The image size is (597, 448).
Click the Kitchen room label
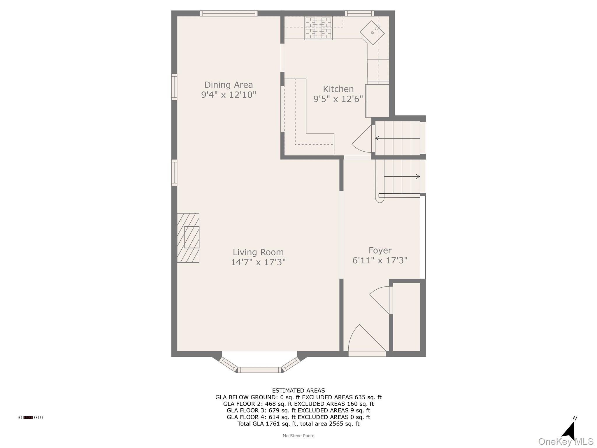click(338, 89)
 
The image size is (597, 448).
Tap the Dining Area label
click(229, 85)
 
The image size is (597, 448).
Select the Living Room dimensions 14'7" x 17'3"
click(258, 262)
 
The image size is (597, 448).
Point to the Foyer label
click(380, 250)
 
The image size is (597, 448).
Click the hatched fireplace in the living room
click(188, 238)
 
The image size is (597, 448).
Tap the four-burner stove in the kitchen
click(318, 28)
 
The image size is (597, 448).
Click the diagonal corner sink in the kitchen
click(372, 33)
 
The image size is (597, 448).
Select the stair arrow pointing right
click(402, 176)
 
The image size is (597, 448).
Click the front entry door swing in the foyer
click(364, 340)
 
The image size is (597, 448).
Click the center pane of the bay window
click(259, 370)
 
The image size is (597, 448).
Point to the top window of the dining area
click(229, 13)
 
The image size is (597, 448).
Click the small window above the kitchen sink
click(359, 13)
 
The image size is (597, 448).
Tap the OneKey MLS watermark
click(566, 442)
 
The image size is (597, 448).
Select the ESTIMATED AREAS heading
click(298, 391)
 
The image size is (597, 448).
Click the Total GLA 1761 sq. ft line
click(298, 424)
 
